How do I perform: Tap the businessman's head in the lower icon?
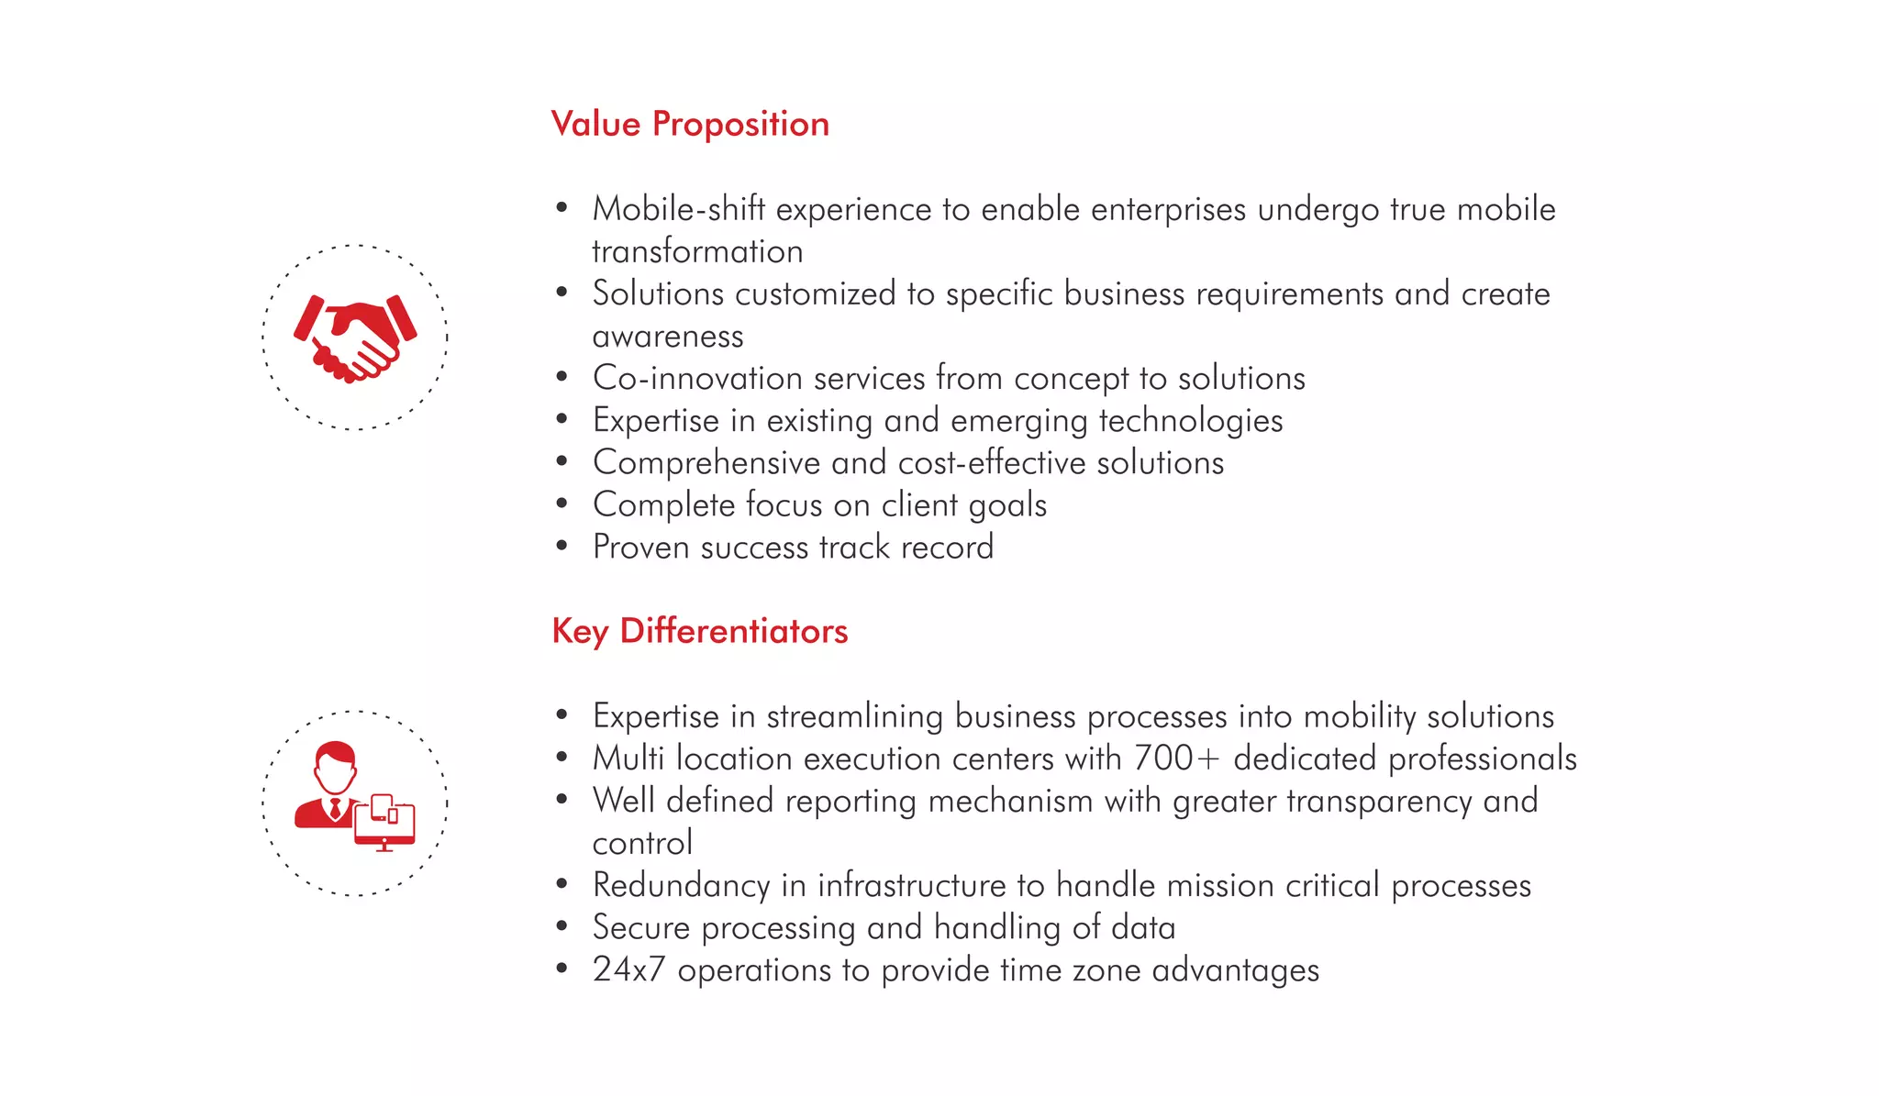tap(335, 767)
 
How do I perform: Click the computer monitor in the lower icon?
tap(385, 825)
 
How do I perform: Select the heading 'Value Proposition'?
tap(690, 124)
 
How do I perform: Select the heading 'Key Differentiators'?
tap(700, 631)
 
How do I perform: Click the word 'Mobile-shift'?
tap(678, 209)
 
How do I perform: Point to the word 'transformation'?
tap(697, 251)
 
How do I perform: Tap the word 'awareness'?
tap(668, 337)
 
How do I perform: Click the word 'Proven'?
tap(641, 548)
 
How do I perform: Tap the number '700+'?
tap(1177, 758)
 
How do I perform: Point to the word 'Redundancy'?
tap(681, 886)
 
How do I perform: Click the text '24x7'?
tap(628, 970)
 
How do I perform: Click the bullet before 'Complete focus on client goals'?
tap(562, 504)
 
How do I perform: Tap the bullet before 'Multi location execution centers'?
tap(562, 758)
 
